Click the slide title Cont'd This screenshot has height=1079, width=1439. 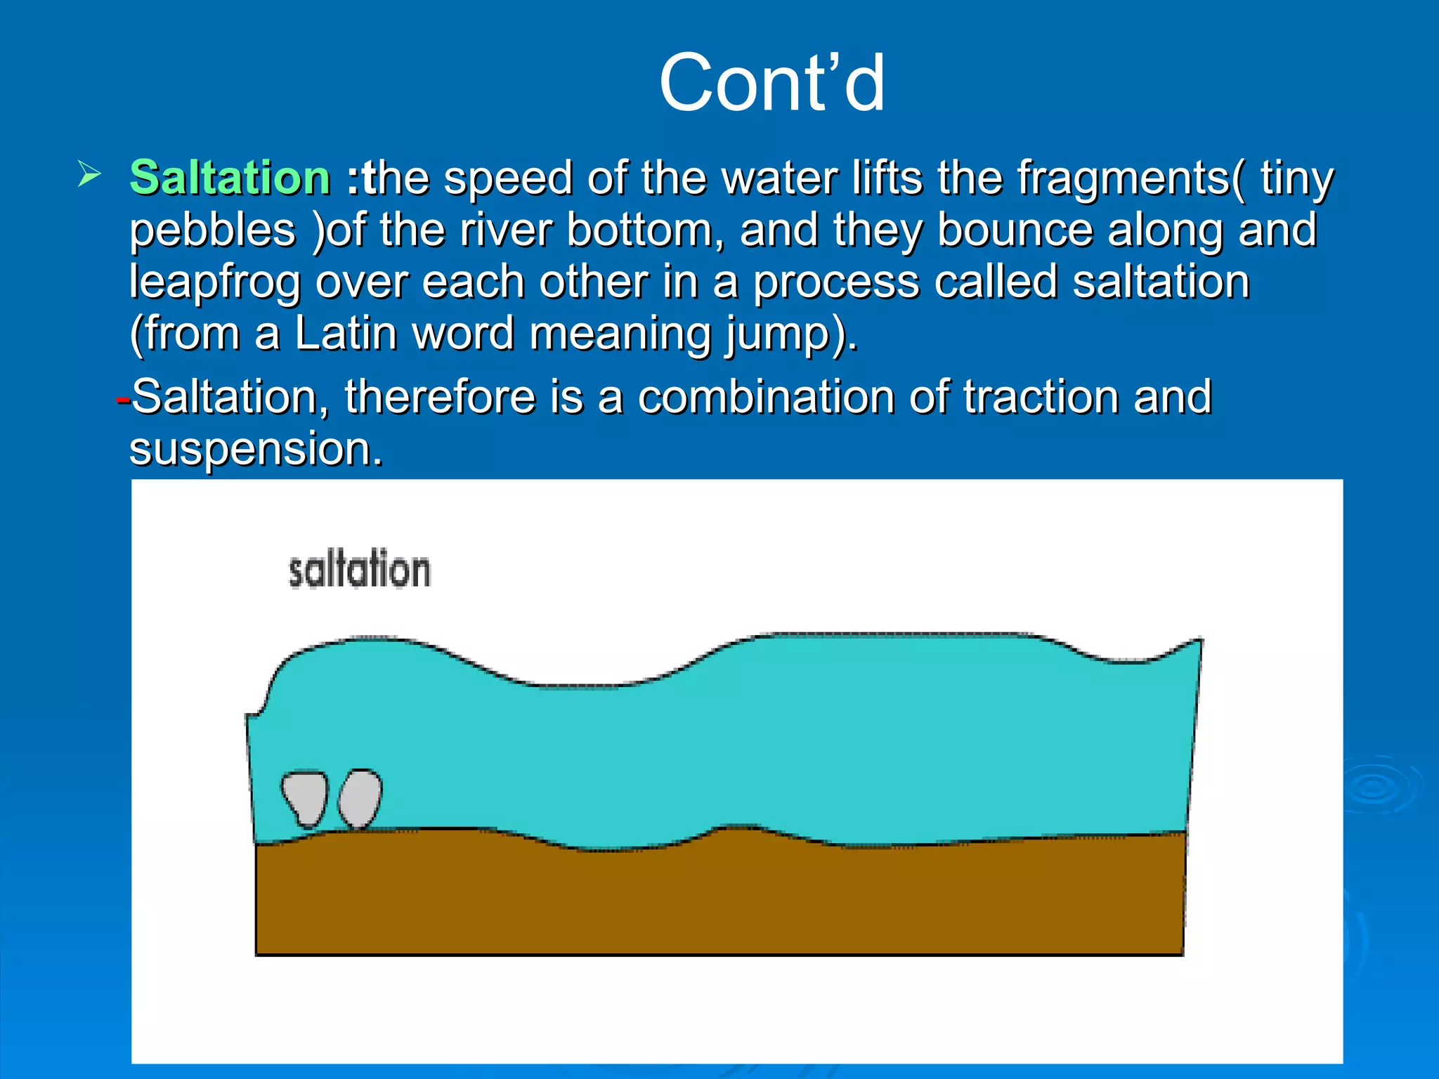coord(771,83)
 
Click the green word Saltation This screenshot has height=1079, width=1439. coord(230,177)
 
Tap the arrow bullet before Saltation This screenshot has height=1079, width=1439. coord(89,174)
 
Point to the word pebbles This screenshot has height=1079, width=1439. coord(213,231)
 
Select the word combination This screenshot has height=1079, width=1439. coord(765,397)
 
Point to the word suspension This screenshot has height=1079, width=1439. coord(255,450)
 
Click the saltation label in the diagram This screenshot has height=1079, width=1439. coord(359,570)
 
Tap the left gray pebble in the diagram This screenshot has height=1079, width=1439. coord(306,798)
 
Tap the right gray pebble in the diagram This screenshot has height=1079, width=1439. coord(360,799)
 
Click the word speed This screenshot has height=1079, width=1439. coord(508,178)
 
